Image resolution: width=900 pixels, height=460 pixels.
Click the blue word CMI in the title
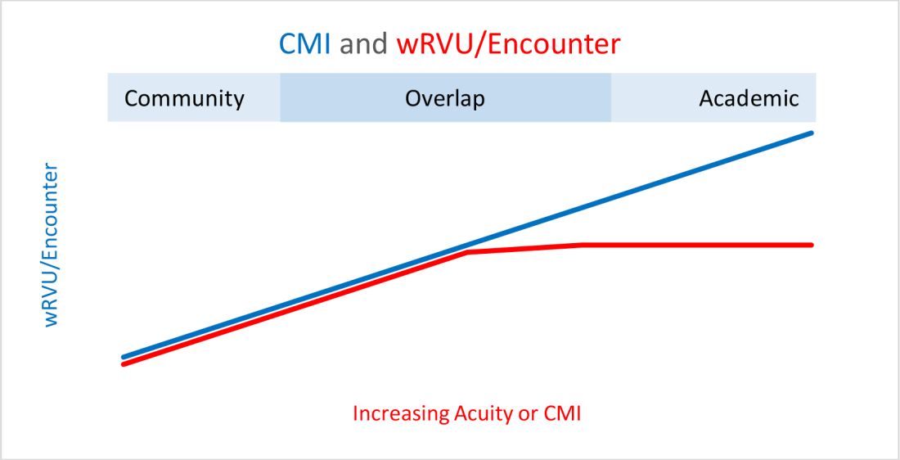click(305, 43)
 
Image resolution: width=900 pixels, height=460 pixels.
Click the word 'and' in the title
click(363, 43)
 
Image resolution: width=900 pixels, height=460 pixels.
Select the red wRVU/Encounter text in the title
click(508, 43)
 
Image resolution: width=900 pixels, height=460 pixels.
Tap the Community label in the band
click(184, 99)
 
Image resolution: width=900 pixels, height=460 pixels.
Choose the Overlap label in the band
click(445, 99)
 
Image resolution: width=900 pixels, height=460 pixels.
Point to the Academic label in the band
click(749, 99)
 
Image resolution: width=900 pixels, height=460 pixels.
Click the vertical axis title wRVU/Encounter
click(52, 246)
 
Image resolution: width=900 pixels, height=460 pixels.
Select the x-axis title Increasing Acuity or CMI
click(466, 413)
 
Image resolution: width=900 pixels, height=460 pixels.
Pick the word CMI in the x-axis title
click(563, 413)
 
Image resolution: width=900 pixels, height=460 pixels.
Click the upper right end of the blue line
click(811, 133)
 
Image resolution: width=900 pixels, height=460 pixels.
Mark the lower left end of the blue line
click(124, 357)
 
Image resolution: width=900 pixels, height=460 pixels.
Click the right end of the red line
click(811, 244)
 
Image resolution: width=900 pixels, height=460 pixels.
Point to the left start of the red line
click(124, 364)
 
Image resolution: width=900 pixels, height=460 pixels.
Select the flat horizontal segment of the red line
click(695, 244)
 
